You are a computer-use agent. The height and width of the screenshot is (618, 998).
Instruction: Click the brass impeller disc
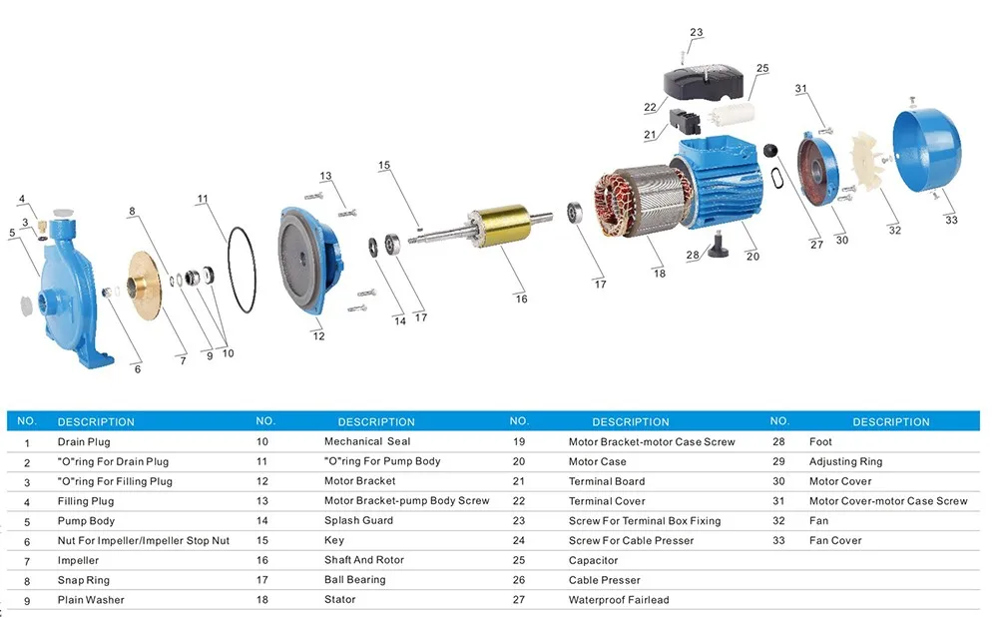[x=145, y=286]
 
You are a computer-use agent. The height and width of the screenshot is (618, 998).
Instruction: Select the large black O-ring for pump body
[x=242, y=270]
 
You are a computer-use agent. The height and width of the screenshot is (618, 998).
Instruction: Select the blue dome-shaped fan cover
[x=927, y=150]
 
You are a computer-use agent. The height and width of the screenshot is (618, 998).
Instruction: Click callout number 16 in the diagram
[x=521, y=299]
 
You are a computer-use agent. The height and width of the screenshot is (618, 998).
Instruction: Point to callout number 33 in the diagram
[x=951, y=220]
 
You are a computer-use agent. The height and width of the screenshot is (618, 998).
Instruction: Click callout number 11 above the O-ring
[x=203, y=199]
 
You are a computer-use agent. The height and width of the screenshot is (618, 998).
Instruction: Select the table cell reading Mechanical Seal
[x=367, y=441]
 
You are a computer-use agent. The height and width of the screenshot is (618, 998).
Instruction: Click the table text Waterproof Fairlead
[x=619, y=600]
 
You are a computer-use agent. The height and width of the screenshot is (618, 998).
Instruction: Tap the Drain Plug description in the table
[x=84, y=441]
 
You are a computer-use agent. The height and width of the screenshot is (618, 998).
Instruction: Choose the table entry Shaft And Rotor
[x=364, y=559]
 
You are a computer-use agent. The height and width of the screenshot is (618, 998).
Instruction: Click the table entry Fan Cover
[x=835, y=540]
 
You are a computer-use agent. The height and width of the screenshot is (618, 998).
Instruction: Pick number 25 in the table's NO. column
[x=519, y=560]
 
